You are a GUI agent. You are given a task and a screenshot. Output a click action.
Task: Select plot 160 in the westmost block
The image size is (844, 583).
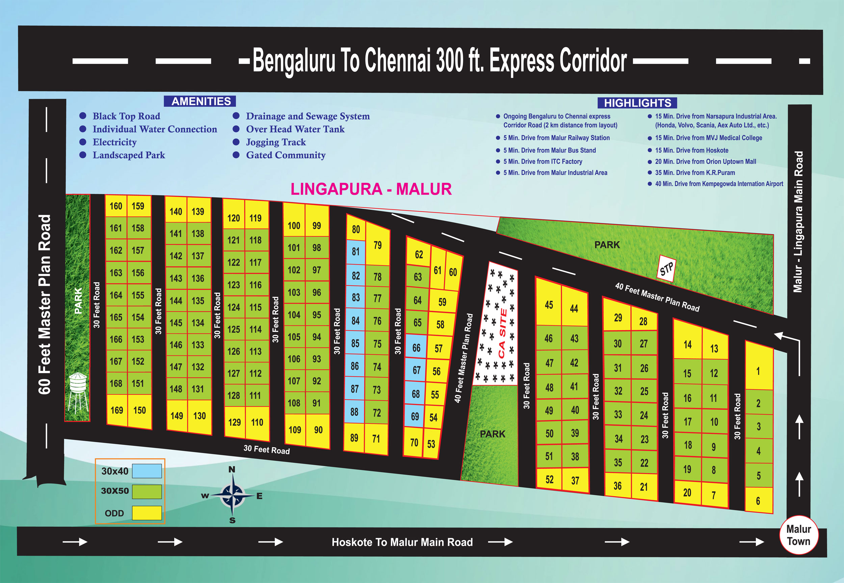tap(116, 206)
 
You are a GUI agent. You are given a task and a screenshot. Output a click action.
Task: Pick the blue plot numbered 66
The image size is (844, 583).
tap(416, 348)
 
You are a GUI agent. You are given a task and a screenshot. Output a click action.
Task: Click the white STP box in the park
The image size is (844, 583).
tap(666, 269)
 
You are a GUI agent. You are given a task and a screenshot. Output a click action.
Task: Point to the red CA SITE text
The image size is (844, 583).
tap(503, 333)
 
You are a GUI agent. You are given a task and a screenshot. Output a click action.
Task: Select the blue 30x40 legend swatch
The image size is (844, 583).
tap(147, 471)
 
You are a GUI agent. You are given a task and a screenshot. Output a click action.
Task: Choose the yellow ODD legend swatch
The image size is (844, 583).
tap(147, 513)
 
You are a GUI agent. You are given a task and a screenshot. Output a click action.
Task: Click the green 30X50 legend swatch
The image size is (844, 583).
tap(147, 492)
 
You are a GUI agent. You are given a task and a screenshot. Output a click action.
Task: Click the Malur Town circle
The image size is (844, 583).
tap(799, 535)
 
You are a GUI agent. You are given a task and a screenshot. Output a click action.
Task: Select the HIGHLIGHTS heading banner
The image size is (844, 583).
tap(637, 103)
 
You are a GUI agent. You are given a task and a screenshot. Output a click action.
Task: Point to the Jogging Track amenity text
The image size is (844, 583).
tap(276, 142)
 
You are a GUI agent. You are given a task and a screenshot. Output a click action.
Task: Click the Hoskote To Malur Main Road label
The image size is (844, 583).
tap(402, 542)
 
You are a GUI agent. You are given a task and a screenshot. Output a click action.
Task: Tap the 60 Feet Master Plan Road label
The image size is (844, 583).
tap(45, 304)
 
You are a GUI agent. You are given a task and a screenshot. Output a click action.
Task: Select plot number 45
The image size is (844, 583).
tap(549, 305)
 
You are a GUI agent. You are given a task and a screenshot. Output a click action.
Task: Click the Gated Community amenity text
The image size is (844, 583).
tap(286, 155)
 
